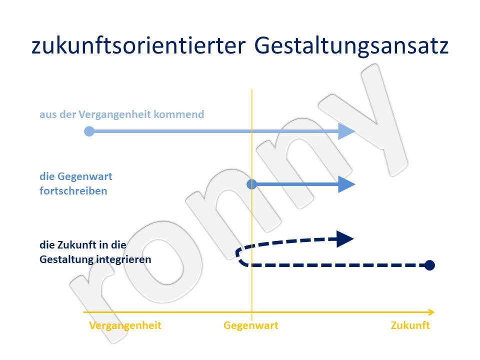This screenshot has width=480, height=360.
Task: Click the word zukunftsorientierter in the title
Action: [138, 46]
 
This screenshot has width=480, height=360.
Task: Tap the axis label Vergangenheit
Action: [125, 325]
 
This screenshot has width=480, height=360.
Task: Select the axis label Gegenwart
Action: [250, 325]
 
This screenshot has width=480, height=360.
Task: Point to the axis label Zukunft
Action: [410, 325]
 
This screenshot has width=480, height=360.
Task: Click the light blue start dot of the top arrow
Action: [89, 131]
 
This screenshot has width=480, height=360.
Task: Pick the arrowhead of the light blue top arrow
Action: [346, 131]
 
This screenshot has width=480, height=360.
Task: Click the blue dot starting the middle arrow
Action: [251, 184]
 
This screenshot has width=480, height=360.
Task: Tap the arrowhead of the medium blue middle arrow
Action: [346, 184]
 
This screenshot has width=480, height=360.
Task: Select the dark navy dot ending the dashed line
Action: [429, 265]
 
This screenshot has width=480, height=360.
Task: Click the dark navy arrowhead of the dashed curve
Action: [345, 239]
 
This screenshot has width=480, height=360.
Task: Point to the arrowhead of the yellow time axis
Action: [431, 312]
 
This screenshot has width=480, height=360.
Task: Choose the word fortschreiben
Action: [73, 191]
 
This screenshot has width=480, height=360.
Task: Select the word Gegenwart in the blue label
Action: [85, 177]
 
